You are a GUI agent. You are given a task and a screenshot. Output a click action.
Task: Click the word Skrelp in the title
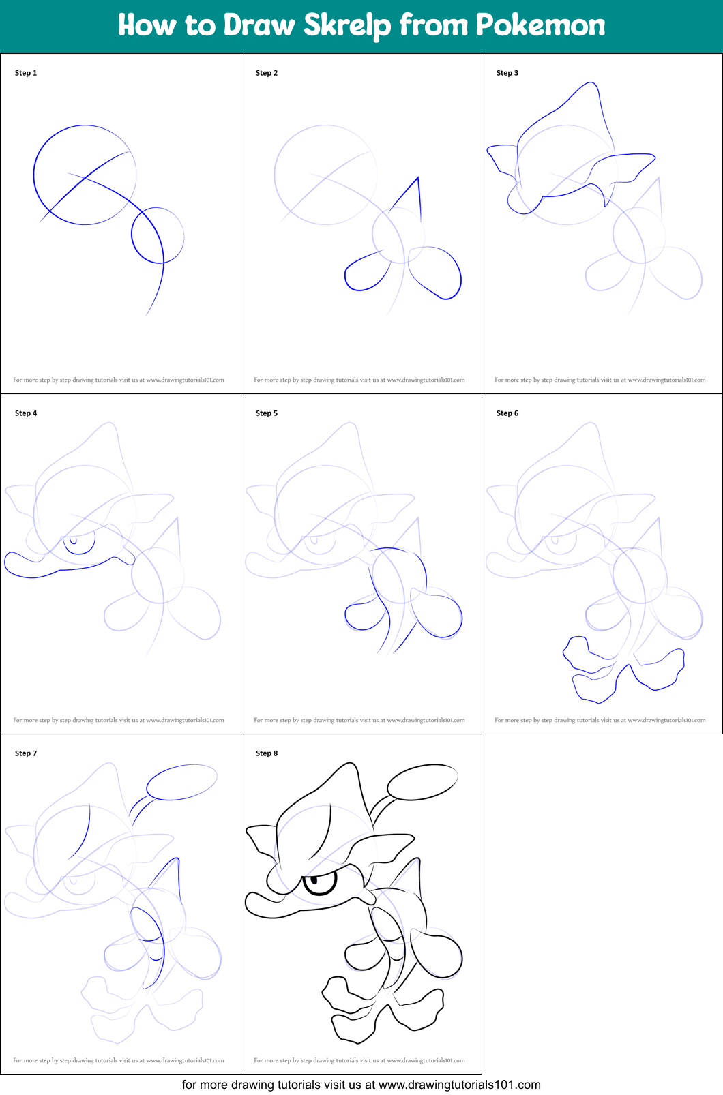tap(346, 25)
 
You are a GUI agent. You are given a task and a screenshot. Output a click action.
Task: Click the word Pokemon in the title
tap(540, 25)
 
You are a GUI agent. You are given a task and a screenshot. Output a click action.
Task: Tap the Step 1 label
tap(26, 73)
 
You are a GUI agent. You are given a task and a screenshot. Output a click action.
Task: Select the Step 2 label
tap(267, 73)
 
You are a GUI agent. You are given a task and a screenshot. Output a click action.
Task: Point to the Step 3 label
tap(507, 73)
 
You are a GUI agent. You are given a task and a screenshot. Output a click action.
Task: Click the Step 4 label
tap(26, 413)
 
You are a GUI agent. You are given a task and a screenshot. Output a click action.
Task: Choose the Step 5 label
tap(267, 413)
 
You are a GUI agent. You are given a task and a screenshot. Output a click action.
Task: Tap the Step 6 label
tap(507, 413)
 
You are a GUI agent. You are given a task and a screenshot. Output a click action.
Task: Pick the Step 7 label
tap(26, 753)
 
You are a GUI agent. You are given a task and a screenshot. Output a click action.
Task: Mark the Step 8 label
tap(267, 753)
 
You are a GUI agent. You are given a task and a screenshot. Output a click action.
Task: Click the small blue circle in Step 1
tap(132, 236)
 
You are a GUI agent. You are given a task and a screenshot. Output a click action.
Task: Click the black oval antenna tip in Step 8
tap(423, 782)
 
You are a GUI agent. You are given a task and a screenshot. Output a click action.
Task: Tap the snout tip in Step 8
tap(248, 904)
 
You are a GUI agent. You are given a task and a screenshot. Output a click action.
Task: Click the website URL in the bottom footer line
tap(459, 1085)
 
